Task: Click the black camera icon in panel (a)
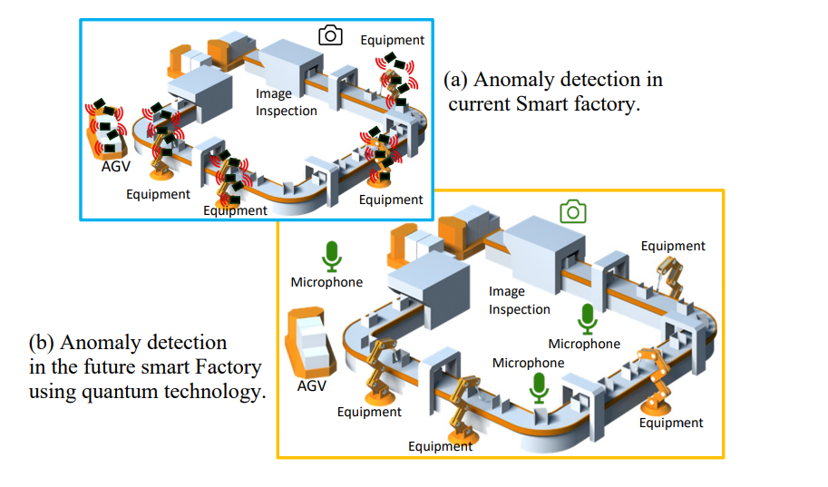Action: [x=330, y=35]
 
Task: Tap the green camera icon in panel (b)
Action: [x=572, y=212]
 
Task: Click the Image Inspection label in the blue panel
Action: [x=286, y=102]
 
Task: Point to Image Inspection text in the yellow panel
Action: [x=519, y=300]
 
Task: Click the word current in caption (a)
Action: [x=480, y=104]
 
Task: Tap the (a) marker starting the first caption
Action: [x=455, y=80]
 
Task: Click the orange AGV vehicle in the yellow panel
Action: [x=306, y=339]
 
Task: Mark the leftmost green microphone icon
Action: [x=332, y=256]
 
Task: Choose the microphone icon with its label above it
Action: [x=540, y=387]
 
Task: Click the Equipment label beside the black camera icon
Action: [x=392, y=40]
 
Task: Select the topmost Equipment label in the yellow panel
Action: [x=672, y=246]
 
